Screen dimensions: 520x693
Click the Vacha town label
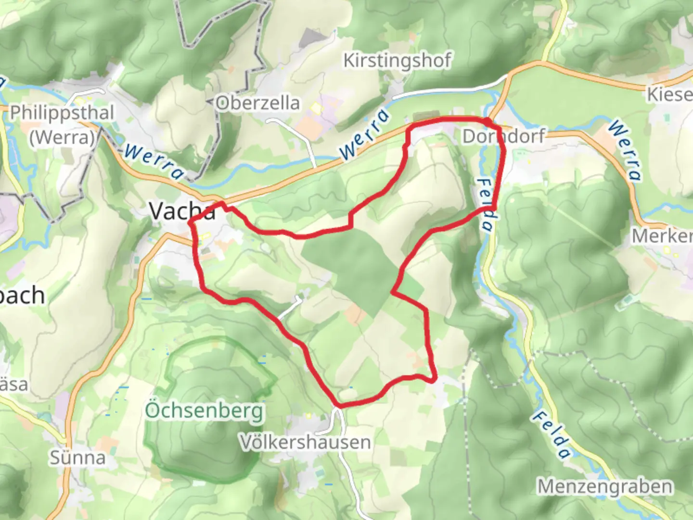pos(182,211)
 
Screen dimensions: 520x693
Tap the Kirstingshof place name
pos(397,61)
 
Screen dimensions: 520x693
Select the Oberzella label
pos(257,103)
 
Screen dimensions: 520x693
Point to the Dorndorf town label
pos(503,136)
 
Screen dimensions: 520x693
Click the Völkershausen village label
pos(306,442)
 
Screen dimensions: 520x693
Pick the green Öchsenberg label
pos(205,411)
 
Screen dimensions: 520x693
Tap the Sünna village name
pos(77,457)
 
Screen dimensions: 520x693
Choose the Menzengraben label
pos(604,486)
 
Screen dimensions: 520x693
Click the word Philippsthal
pos(62,113)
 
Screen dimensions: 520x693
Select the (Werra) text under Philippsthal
pos(62,138)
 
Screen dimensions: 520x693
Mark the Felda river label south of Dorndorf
pos(486,205)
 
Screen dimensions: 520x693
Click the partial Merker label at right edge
pos(662,236)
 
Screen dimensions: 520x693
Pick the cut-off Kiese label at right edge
pos(669,94)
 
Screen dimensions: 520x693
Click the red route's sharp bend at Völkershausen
pos(339,406)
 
